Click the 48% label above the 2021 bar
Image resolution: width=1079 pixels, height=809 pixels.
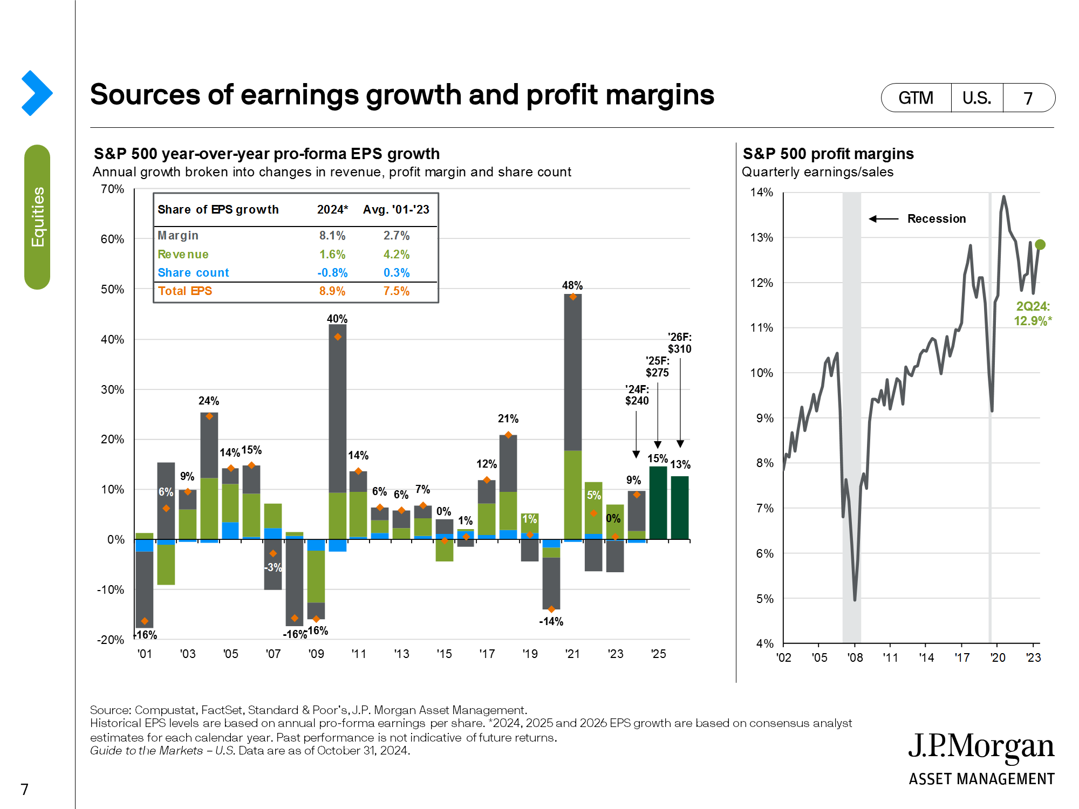tap(572, 285)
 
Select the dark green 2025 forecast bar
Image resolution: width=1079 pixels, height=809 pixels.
tap(658, 503)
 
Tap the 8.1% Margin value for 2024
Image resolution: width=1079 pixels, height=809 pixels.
tap(332, 236)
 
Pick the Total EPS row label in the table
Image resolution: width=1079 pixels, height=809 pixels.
tap(185, 291)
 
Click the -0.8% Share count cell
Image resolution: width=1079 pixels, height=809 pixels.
tap(332, 273)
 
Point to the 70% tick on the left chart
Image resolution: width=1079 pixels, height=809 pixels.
tap(112, 189)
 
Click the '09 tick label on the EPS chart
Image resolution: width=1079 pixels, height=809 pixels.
tap(316, 654)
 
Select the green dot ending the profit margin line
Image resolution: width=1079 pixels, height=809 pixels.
tap(1040, 245)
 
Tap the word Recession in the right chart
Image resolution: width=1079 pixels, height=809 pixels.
tap(937, 219)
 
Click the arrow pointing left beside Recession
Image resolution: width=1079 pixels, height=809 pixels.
tap(883, 219)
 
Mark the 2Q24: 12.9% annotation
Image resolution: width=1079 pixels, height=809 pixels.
tap(1033, 314)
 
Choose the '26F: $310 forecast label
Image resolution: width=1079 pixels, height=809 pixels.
tap(679, 343)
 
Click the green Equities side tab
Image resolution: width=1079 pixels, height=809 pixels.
tap(37, 217)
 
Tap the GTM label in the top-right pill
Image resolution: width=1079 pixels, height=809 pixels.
tap(916, 98)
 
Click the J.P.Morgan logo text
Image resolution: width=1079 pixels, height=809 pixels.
tap(981, 746)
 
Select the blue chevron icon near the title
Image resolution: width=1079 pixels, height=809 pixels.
tap(37, 93)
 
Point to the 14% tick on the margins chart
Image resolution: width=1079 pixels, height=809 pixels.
tap(761, 193)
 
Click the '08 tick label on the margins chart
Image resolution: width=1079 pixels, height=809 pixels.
tap(855, 658)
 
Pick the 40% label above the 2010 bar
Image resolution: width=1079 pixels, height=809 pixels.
tap(337, 319)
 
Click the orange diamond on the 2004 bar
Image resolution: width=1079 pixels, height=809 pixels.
tap(209, 416)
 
